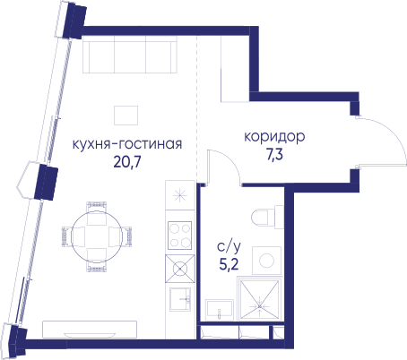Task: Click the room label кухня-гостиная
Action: pyautogui.click(x=127, y=144)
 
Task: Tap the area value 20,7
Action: pyautogui.click(x=127, y=162)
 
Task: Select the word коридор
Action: pyautogui.click(x=274, y=137)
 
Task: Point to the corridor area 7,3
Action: pyautogui.click(x=274, y=155)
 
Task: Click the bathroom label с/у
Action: pyautogui.click(x=229, y=247)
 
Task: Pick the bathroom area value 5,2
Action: pyautogui.click(x=229, y=264)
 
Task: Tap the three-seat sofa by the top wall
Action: pyautogui.click(x=130, y=55)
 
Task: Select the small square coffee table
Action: pyautogui.click(x=126, y=116)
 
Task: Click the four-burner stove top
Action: pyautogui.click(x=179, y=236)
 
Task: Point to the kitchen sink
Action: pyautogui.click(x=180, y=299)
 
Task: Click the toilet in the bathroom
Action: pyautogui.click(x=267, y=217)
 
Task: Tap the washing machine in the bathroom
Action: pyautogui.click(x=266, y=261)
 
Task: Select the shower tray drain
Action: pyautogui.click(x=260, y=306)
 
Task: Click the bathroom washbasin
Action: pyautogui.click(x=220, y=310)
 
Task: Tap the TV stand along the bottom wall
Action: pyautogui.click(x=90, y=330)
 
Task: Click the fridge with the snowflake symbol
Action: pyautogui.click(x=180, y=195)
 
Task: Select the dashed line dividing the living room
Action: pyautogui.click(x=196, y=108)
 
